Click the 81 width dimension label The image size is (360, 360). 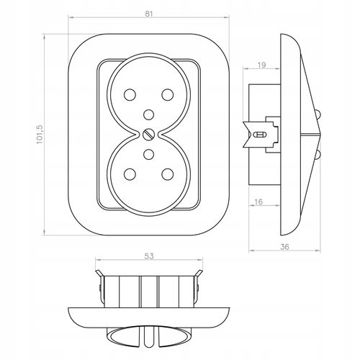click(x=149, y=14)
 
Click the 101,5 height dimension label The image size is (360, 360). click(x=40, y=134)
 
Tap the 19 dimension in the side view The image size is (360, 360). click(x=262, y=65)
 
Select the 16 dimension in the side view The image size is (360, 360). click(x=258, y=202)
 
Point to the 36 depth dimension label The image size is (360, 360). click(x=284, y=247)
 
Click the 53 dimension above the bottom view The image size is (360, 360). click(x=149, y=256)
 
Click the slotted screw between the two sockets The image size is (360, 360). click(x=149, y=134)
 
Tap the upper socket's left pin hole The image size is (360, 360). click(x=130, y=94)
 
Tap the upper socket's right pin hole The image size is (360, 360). click(x=168, y=94)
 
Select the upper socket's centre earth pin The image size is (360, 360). click(x=149, y=114)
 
